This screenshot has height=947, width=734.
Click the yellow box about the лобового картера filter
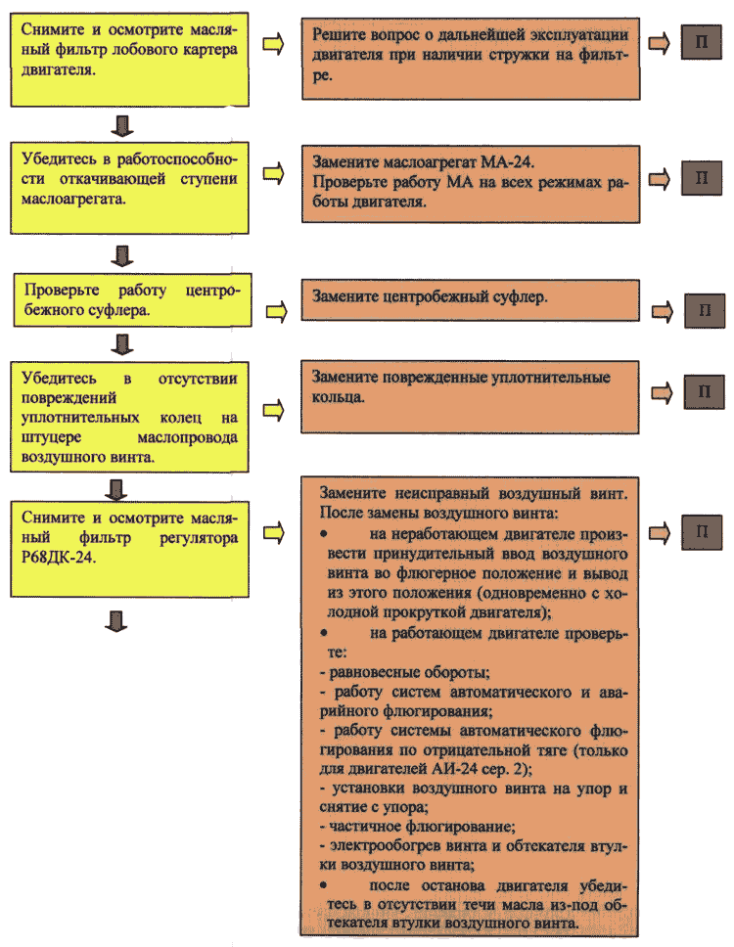pyautogui.click(x=129, y=60)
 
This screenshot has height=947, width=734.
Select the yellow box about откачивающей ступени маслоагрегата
pyautogui.click(x=129, y=188)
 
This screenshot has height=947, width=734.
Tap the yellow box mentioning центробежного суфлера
pyautogui.click(x=132, y=300)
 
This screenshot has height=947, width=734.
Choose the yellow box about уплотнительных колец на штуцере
pyautogui.click(x=129, y=417)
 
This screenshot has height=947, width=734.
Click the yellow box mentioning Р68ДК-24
pyautogui.click(x=129, y=549)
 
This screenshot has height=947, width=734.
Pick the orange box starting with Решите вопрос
pyautogui.click(x=471, y=58)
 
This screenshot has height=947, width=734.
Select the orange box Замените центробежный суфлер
pyautogui.click(x=470, y=299)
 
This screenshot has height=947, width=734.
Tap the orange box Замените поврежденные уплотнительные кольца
pyautogui.click(x=470, y=397)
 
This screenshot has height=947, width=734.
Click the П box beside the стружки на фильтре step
pyautogui.click(x=702, y=42)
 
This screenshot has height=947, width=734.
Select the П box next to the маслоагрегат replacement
pyautogui.click(x=702, y=178)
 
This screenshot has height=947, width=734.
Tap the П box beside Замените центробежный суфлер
pyautogui.click(x=705, y=310)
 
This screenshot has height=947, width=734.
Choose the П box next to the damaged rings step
pyautogui.click(x=704, y=391)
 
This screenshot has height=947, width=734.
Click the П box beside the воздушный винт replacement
pyautogui.click(x=702, y=532)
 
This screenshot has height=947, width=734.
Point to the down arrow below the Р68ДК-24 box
pyautogui.click(x=116, y=621)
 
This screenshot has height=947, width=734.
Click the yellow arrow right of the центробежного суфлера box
pyautogui.click(x=277, y=312)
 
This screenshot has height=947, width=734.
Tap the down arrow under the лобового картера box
pyautogui.click(x=122, y=125)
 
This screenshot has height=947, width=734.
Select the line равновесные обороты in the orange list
pyautogui.click(x=405, y=672)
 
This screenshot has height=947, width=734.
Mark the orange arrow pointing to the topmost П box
pyautogui.click(x=659, y=43)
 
